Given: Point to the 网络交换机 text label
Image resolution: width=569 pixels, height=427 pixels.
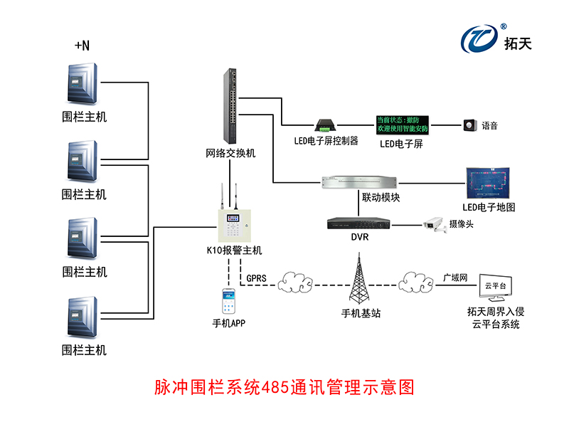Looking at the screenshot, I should (x=230, y=154).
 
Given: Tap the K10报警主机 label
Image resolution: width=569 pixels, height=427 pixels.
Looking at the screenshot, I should (x=234, y=250).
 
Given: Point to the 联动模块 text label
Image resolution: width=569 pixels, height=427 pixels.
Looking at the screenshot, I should (x=381, y=197).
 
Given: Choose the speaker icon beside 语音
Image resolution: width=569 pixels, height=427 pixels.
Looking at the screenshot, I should (x=469, y=125).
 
